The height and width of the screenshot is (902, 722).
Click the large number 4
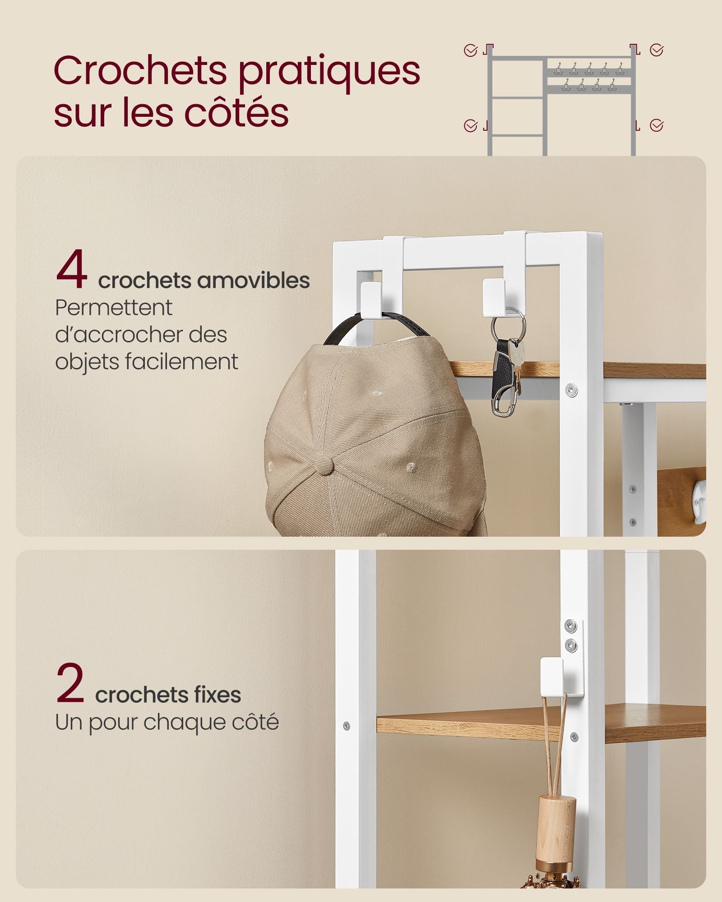pyautogui.click(x=72, y=269)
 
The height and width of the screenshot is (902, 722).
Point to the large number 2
pyautogui.click(x=70, y=682)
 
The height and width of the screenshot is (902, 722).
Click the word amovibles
pyautogui.click(x=253, y=280)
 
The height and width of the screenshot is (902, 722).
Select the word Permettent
pyautogui.click(x=114, y=308)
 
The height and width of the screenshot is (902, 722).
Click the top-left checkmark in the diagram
pyautogui.click(x=470, y=51)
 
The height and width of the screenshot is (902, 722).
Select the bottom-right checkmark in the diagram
pyautogui.click(x=657, y=125)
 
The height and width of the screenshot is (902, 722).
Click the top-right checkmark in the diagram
pyautogui.click(x=657, y=50)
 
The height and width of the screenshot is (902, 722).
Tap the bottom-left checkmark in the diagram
pyautogui.click(x=470, y=126)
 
